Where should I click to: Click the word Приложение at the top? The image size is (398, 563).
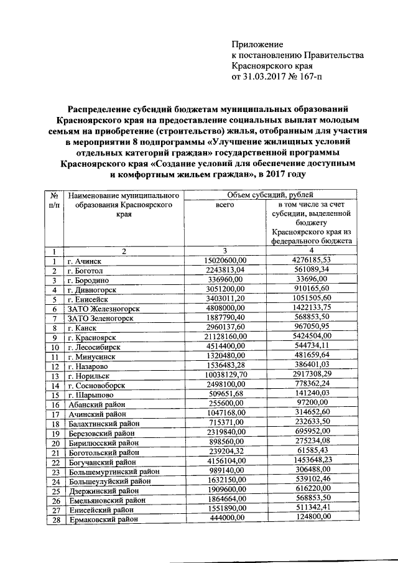point(257,44)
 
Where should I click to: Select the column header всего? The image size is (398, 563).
point(224,204)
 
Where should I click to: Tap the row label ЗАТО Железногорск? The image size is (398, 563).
point(104,309)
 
